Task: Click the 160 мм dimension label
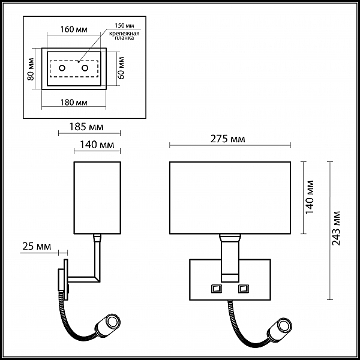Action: pos(74,29)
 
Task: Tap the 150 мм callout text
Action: pos(124,25)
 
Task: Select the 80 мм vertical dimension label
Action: pos(31,69)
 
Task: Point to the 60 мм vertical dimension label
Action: pos(121,68)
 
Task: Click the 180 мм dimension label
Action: pos(74,103)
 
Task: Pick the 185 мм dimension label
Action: pos(86,127)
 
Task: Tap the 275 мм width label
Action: pos(227,139)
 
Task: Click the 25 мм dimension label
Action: pos(37,247)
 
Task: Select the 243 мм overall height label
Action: pos(336,228)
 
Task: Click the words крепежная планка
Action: pos(124,36)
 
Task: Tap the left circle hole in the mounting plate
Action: pos(62,68)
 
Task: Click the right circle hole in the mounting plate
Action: pos(85,68)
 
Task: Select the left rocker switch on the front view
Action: pos(217,289)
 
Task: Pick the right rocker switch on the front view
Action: pos(244,289)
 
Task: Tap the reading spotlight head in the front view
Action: pos(280,329)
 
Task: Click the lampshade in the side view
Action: pos(97,198)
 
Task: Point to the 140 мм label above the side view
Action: pos(97,145)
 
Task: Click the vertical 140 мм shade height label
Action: pos(310,197)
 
